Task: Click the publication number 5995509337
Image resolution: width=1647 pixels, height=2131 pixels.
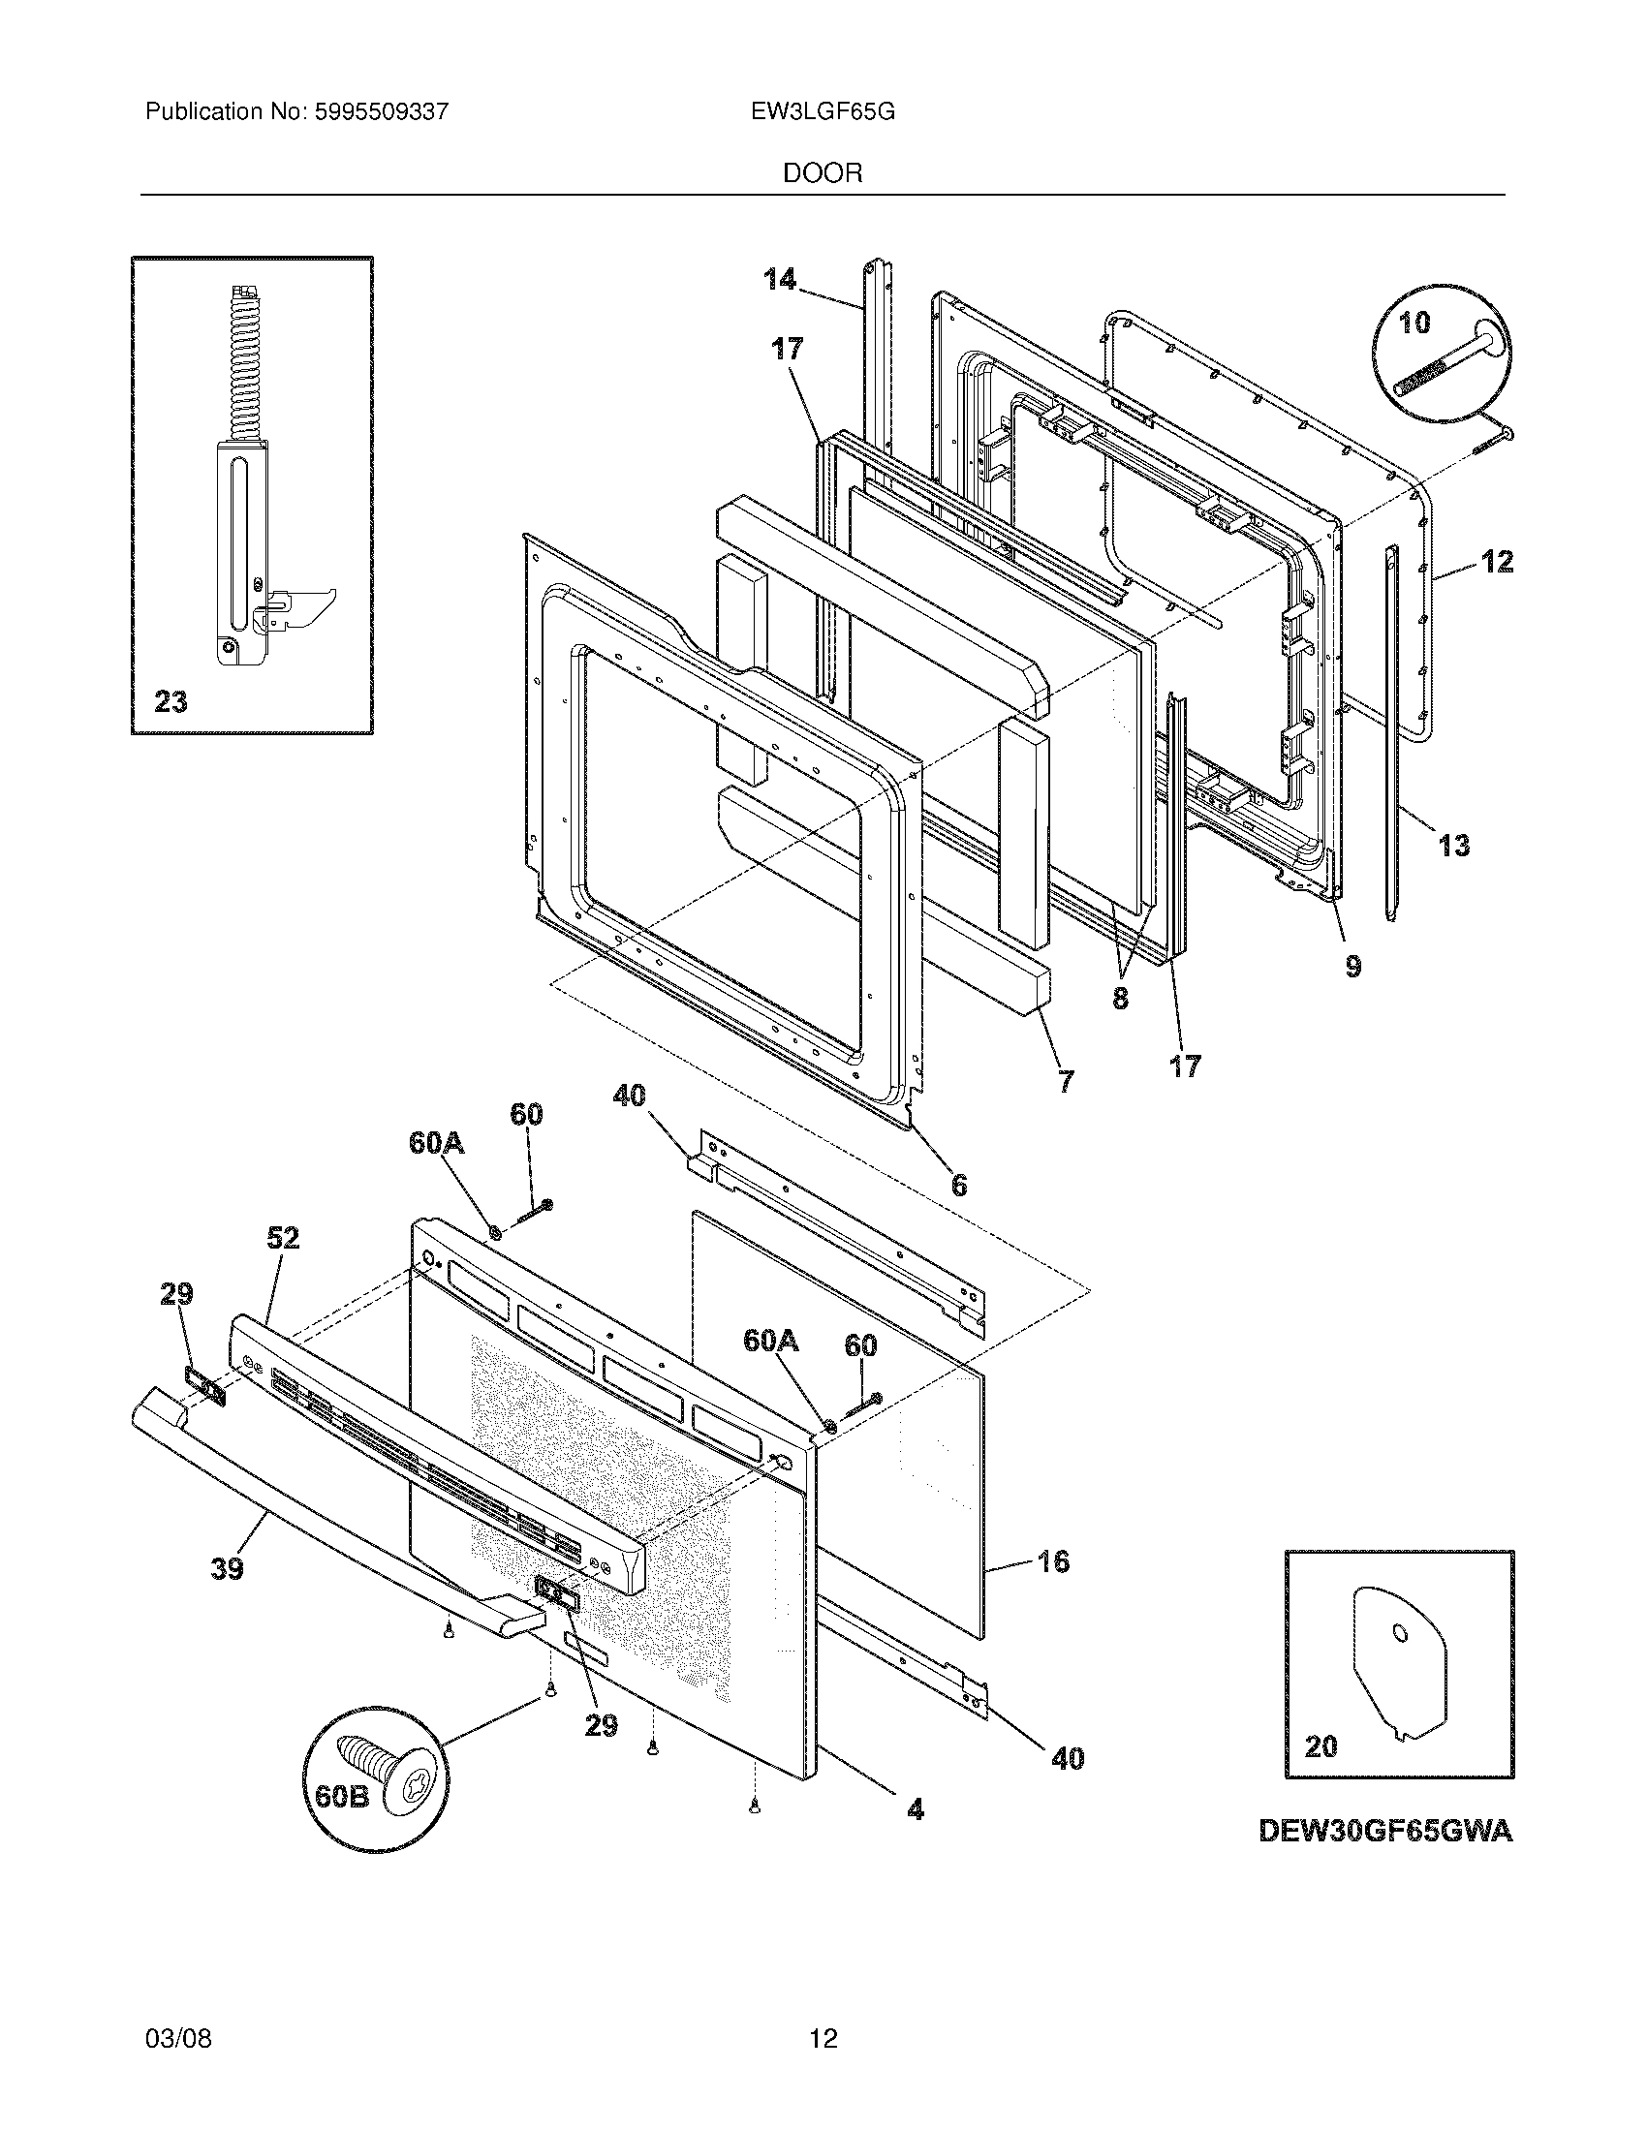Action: point(381,112)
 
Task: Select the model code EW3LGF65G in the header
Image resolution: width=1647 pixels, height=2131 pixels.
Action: point(823,112)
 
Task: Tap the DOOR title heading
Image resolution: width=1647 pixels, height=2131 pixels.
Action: point(823,173)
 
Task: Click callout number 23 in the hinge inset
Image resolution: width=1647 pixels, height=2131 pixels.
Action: point(171,701)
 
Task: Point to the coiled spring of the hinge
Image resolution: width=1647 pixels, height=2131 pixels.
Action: point(238,365)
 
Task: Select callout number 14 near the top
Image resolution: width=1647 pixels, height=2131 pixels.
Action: point(780,280)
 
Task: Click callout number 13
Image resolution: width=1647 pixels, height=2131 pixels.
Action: point(1453,845)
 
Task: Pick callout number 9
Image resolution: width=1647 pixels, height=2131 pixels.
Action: point(1353,966)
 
